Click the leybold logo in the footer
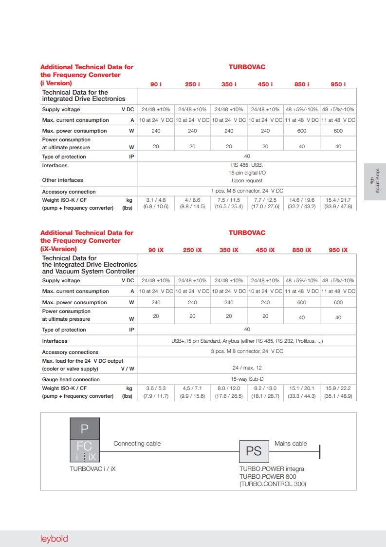[x=54, y=539]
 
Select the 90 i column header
[x=156, y=84]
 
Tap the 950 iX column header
[x=338, y=250]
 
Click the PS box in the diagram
[x=254, y=451]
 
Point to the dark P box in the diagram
[x=85, y=429]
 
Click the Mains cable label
[x=291, y=444]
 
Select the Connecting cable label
[x=137, y=444]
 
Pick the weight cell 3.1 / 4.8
[x=156, y=200]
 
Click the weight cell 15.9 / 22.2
[x=338, y=389]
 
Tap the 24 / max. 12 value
[x=247, y=368]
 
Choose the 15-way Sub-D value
[x=247, y=379]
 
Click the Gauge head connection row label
[x=71, y=379]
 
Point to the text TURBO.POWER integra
[x=272, y=469]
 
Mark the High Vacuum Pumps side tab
[x=374, y=182]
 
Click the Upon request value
[x=247, y=180]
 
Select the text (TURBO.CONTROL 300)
[x=273, y=484]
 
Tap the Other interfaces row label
[x=62, y=180]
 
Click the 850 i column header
[x=302, y=84]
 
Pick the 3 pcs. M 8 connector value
[x=247, y=351]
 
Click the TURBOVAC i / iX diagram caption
[x=93, y=469]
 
